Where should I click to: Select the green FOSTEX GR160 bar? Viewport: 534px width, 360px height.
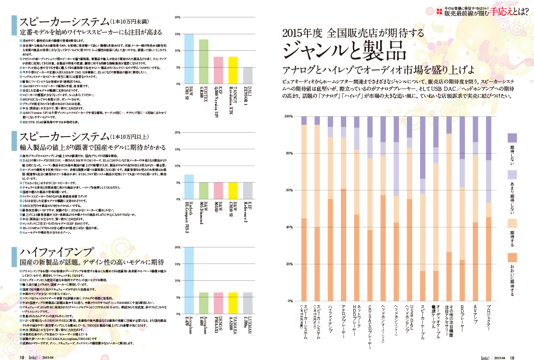pyautogui.click(x=203, y=61)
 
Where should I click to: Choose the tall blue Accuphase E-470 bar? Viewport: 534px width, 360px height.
pyautogui.click(x=189, y=274)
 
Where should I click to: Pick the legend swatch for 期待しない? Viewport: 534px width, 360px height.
pyautogui.click(x=512, y=138)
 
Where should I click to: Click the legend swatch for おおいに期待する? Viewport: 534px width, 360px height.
pyautogui.click(x=512, y=258)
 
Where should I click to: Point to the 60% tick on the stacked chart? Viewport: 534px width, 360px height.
pyautogui.click(x=288, y=190)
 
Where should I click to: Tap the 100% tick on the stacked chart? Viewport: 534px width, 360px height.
pyautogui.click(x=288, y=116)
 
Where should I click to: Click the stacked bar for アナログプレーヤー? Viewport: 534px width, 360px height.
pyautogui.click(x=344, y=209)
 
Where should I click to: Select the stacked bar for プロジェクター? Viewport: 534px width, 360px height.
pyautogui.click(x=489, y=209)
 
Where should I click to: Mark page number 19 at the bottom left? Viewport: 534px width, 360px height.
pyautogui.click(x=21, y=356)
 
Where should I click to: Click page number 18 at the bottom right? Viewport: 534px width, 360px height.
pyautogui.click(x=512, y=356)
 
